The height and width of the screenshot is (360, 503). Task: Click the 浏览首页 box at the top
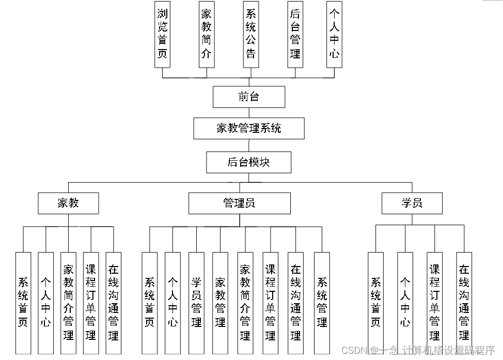pos(162,34)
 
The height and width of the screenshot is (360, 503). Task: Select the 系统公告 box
pos(251,34)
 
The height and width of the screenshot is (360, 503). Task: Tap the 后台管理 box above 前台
pos(295,34)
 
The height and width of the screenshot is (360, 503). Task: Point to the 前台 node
pos(249,97)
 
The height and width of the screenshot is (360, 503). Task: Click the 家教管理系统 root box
pos(249,128)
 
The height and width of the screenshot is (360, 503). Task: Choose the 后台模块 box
pos(249,162)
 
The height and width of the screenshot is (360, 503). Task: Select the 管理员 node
pos(239,203)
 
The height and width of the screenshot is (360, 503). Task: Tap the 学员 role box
pos(412,203)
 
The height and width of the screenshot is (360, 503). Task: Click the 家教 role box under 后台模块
pos(68,203)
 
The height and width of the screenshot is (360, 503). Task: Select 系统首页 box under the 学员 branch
pos(375,303)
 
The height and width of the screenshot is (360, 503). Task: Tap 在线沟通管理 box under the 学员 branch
pos(464,303)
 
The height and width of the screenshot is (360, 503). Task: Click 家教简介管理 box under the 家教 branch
pos(68,303)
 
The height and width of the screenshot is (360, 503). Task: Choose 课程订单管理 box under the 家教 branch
pos(91,303)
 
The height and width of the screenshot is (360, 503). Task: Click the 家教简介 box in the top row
pos(207,34)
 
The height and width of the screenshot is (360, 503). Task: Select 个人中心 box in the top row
pos(334,34)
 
